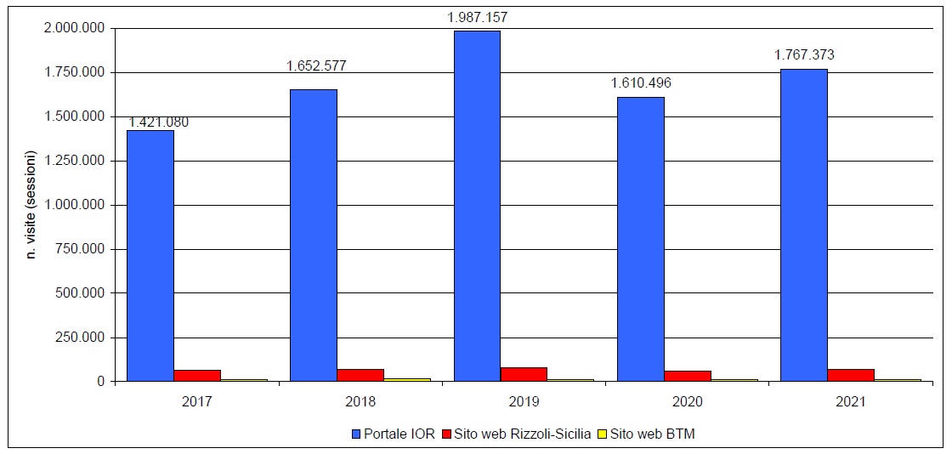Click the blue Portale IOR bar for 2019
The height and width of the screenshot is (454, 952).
[x=477, y=206]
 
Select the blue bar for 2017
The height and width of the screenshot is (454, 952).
[x=150, y=255]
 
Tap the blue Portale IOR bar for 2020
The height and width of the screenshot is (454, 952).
[x=640, y=239]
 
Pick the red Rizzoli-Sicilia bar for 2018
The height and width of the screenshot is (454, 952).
[x=360, y=375]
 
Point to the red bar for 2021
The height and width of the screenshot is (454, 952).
[x=850, y=375]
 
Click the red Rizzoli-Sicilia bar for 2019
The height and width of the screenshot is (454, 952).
[x=524, y=374]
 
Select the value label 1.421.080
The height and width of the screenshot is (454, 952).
[x=158, y=122]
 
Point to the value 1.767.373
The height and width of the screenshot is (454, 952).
[x=804, y=54]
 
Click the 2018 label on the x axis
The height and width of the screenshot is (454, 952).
[x=360, y=400]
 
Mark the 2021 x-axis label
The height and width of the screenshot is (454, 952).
[x=850, y=400]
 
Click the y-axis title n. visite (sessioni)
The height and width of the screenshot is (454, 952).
[x=31, y=205]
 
